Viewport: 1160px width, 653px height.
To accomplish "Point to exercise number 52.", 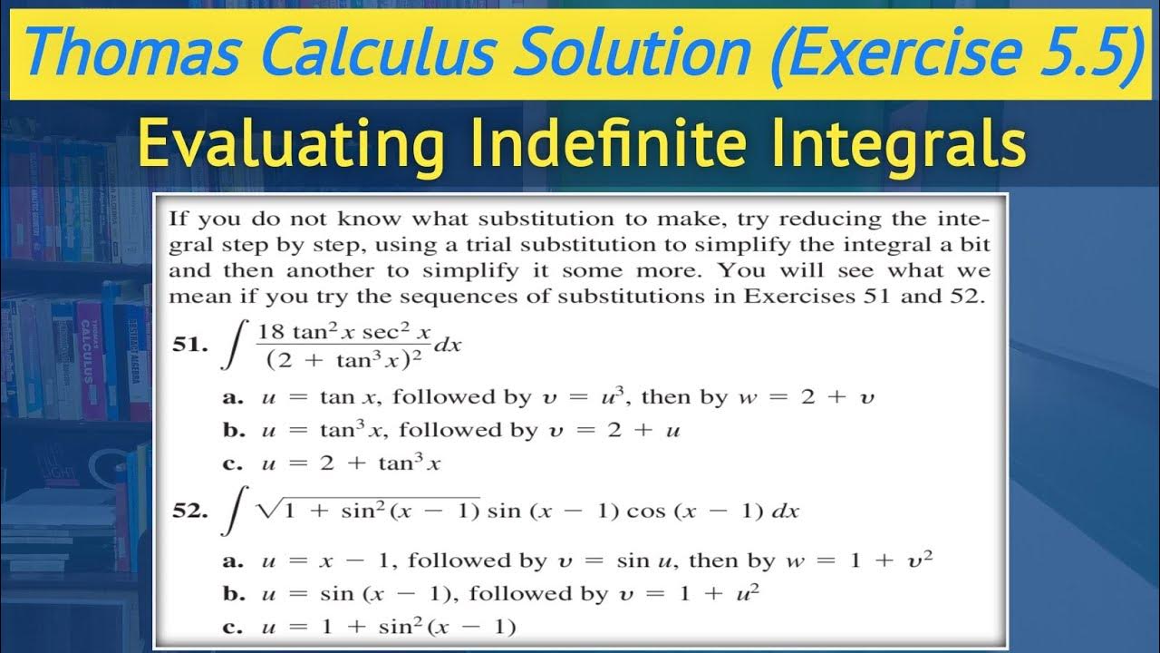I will pos(190,511).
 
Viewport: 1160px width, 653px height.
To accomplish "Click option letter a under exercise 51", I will pos(229,397).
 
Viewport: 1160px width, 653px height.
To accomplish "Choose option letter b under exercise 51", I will pos(230,430).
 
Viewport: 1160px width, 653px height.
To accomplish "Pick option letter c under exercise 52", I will pos(229,626).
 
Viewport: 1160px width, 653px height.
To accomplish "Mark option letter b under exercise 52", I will pos(230,594).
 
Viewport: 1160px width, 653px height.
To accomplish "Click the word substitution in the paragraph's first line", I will pos(537,219).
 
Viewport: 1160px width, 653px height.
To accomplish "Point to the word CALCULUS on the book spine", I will pos(91,349).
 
